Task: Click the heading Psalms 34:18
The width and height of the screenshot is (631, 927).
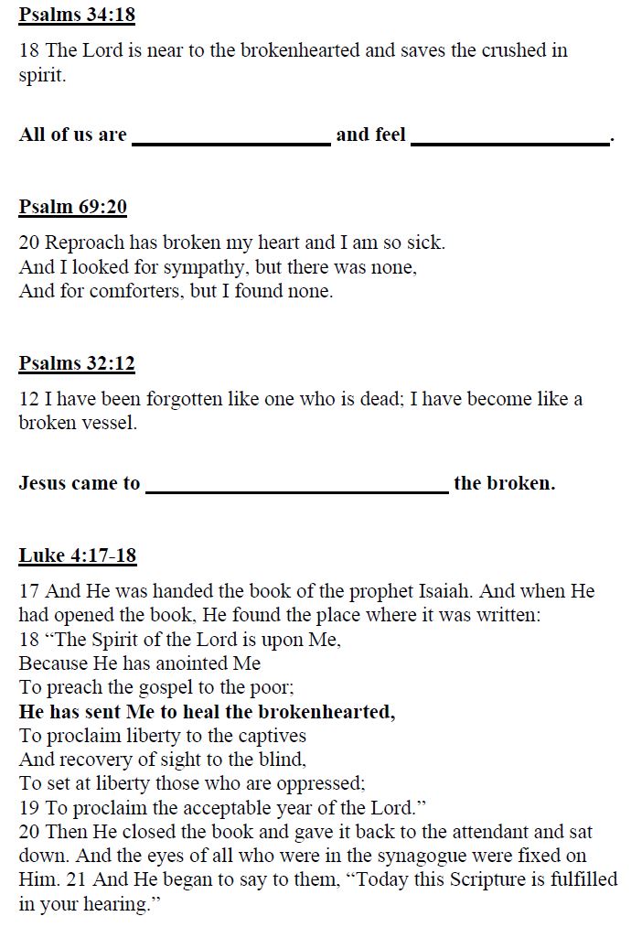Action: (77, 16)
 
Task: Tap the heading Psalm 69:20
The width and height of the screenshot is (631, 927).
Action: (72, 207)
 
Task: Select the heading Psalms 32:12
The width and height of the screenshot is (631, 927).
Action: (77, 363)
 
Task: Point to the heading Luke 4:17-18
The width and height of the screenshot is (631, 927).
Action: (78, 555)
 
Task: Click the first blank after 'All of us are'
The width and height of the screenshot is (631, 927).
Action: (231, 137)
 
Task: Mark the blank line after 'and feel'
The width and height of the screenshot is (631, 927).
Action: (509, 137)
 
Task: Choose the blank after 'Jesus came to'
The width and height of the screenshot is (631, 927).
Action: (296, 485)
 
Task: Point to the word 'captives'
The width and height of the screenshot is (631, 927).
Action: (271, 735)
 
